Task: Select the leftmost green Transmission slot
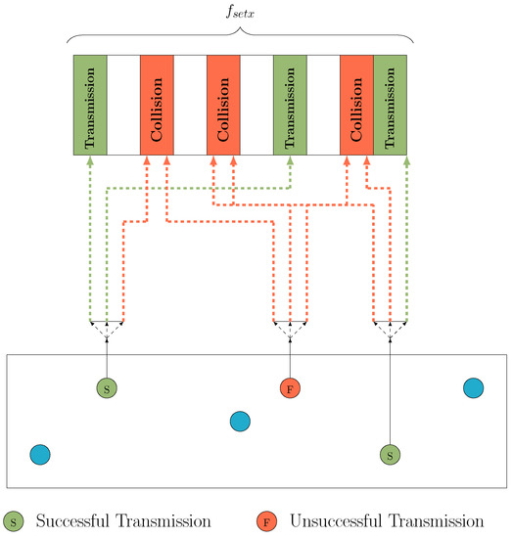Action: pyautogui.click(x=90, y=105)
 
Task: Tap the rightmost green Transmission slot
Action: pyautogui.click(x=390, y=105)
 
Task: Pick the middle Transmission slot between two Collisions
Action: pyautogui.click(x=290, y=105)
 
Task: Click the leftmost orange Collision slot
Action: pyautogui.click(x=157, y=105)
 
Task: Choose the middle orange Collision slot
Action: pyautogui.click(x=223, y=105)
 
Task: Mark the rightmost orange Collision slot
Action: pyautogui.click(x=356, y=105)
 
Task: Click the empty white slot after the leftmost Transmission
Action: pyautogui.click(x=123, y=105)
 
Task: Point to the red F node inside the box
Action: pyautogui.click(x=290, y=388)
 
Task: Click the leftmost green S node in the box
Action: pyautogui.click(x=107, y=388)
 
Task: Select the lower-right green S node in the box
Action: pyautogui.click(x=390, y=455)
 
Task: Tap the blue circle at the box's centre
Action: pyautogui.click(x=240, y=422)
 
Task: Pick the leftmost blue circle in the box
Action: pyautogui.click(x=40, y=455)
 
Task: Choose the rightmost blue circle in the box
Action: pyautogui.click(x=474, y=388)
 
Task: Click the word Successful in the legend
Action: pyautogui.click(x=75, y=520)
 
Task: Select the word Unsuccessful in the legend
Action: pyautogui.click(x=338, y=520)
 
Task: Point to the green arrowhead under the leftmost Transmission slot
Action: pyautogui.click(x=90, y=161)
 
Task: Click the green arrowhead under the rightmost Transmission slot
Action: pyautogui.click(x=406, y=161)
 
